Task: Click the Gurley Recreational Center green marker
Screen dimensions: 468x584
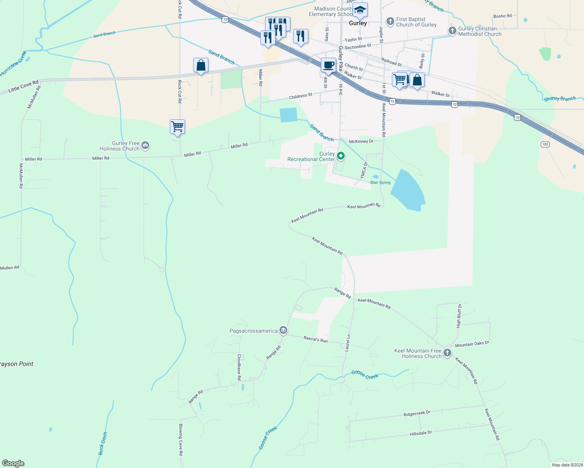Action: (x=341, y=156)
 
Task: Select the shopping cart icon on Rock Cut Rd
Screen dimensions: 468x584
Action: (x=177, y=127)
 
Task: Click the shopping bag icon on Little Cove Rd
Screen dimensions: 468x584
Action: (x=201, y=65)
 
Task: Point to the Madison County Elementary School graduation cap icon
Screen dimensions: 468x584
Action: (x=360, y=10)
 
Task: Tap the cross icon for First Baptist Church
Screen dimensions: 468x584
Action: (x=390, y=21)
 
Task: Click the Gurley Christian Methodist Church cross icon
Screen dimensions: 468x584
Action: (x=452, y=31)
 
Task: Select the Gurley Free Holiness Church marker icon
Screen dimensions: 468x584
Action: (x=145, y=146)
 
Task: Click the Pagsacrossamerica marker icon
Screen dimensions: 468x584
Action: (x=283, y=331)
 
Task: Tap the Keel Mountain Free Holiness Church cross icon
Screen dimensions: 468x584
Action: (x=447, y=353)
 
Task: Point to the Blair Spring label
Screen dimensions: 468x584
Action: (x=380, y=183)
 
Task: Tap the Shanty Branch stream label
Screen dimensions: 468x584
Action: (x=560, y=99)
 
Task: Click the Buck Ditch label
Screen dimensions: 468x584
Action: (x=103, y=443)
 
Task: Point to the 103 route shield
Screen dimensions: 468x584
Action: (x=545, y=144)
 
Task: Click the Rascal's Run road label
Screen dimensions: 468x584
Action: (x=315, y=339)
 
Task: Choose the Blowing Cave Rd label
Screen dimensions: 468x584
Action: (x=181, y=439)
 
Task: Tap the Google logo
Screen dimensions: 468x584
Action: (x=13, y=463)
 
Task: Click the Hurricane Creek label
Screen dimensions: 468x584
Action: (x=14, y=63)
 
